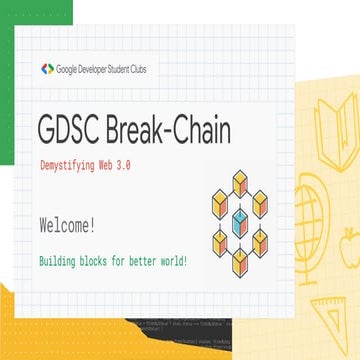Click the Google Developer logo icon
click(47, 69)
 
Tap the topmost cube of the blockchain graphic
click(238, 181)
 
